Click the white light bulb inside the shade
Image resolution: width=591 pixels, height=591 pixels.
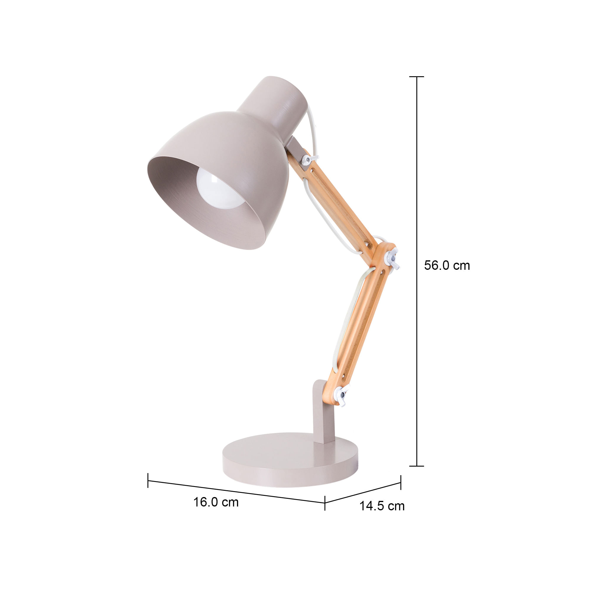point(220,189)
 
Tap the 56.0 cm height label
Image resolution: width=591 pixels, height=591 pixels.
point(447,266)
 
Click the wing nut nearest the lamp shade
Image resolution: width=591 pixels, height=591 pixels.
point(309,159)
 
